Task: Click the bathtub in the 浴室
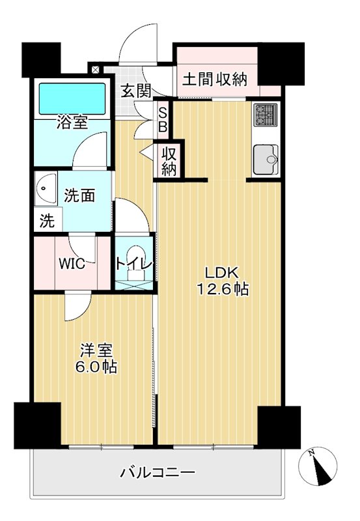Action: tap(72, 99)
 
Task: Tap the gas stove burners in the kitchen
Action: tap(266, 115)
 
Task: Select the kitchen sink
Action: tap(266, 160)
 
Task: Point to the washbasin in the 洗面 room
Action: tap(45, 188)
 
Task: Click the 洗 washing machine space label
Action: tap(47, 220)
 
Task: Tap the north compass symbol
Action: tap(318, 466)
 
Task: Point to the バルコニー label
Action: tap(158, 472)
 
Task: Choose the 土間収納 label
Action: tap(215, 79)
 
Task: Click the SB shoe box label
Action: tap(163, 120)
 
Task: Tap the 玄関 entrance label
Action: tap(135, 91)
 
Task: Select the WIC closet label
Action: tap(72, 264)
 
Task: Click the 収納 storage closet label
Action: tap(169, 162)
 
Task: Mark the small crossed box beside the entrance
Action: tap(95, 70)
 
